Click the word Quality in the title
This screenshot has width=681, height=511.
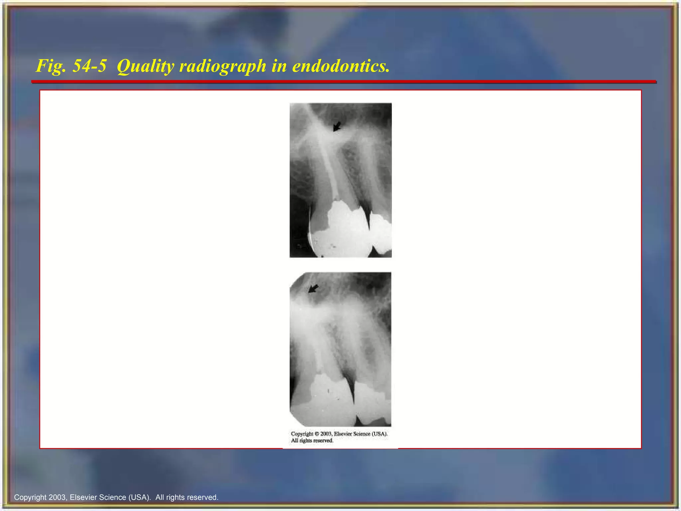click(x=145, y=66)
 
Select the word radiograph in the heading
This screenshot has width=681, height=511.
click(x=222, y=66)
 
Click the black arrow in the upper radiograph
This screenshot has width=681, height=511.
click(x=337, y=126)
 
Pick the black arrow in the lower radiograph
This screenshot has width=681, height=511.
click(x=313, y=289)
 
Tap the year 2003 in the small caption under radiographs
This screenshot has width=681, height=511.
click(x=326, y=434)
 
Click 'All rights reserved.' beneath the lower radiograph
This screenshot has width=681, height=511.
click(x=312, y=441)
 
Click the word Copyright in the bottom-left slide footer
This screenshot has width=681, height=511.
click(x=30, y=497)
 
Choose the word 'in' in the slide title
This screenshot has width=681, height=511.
click(x=279, y=66)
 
